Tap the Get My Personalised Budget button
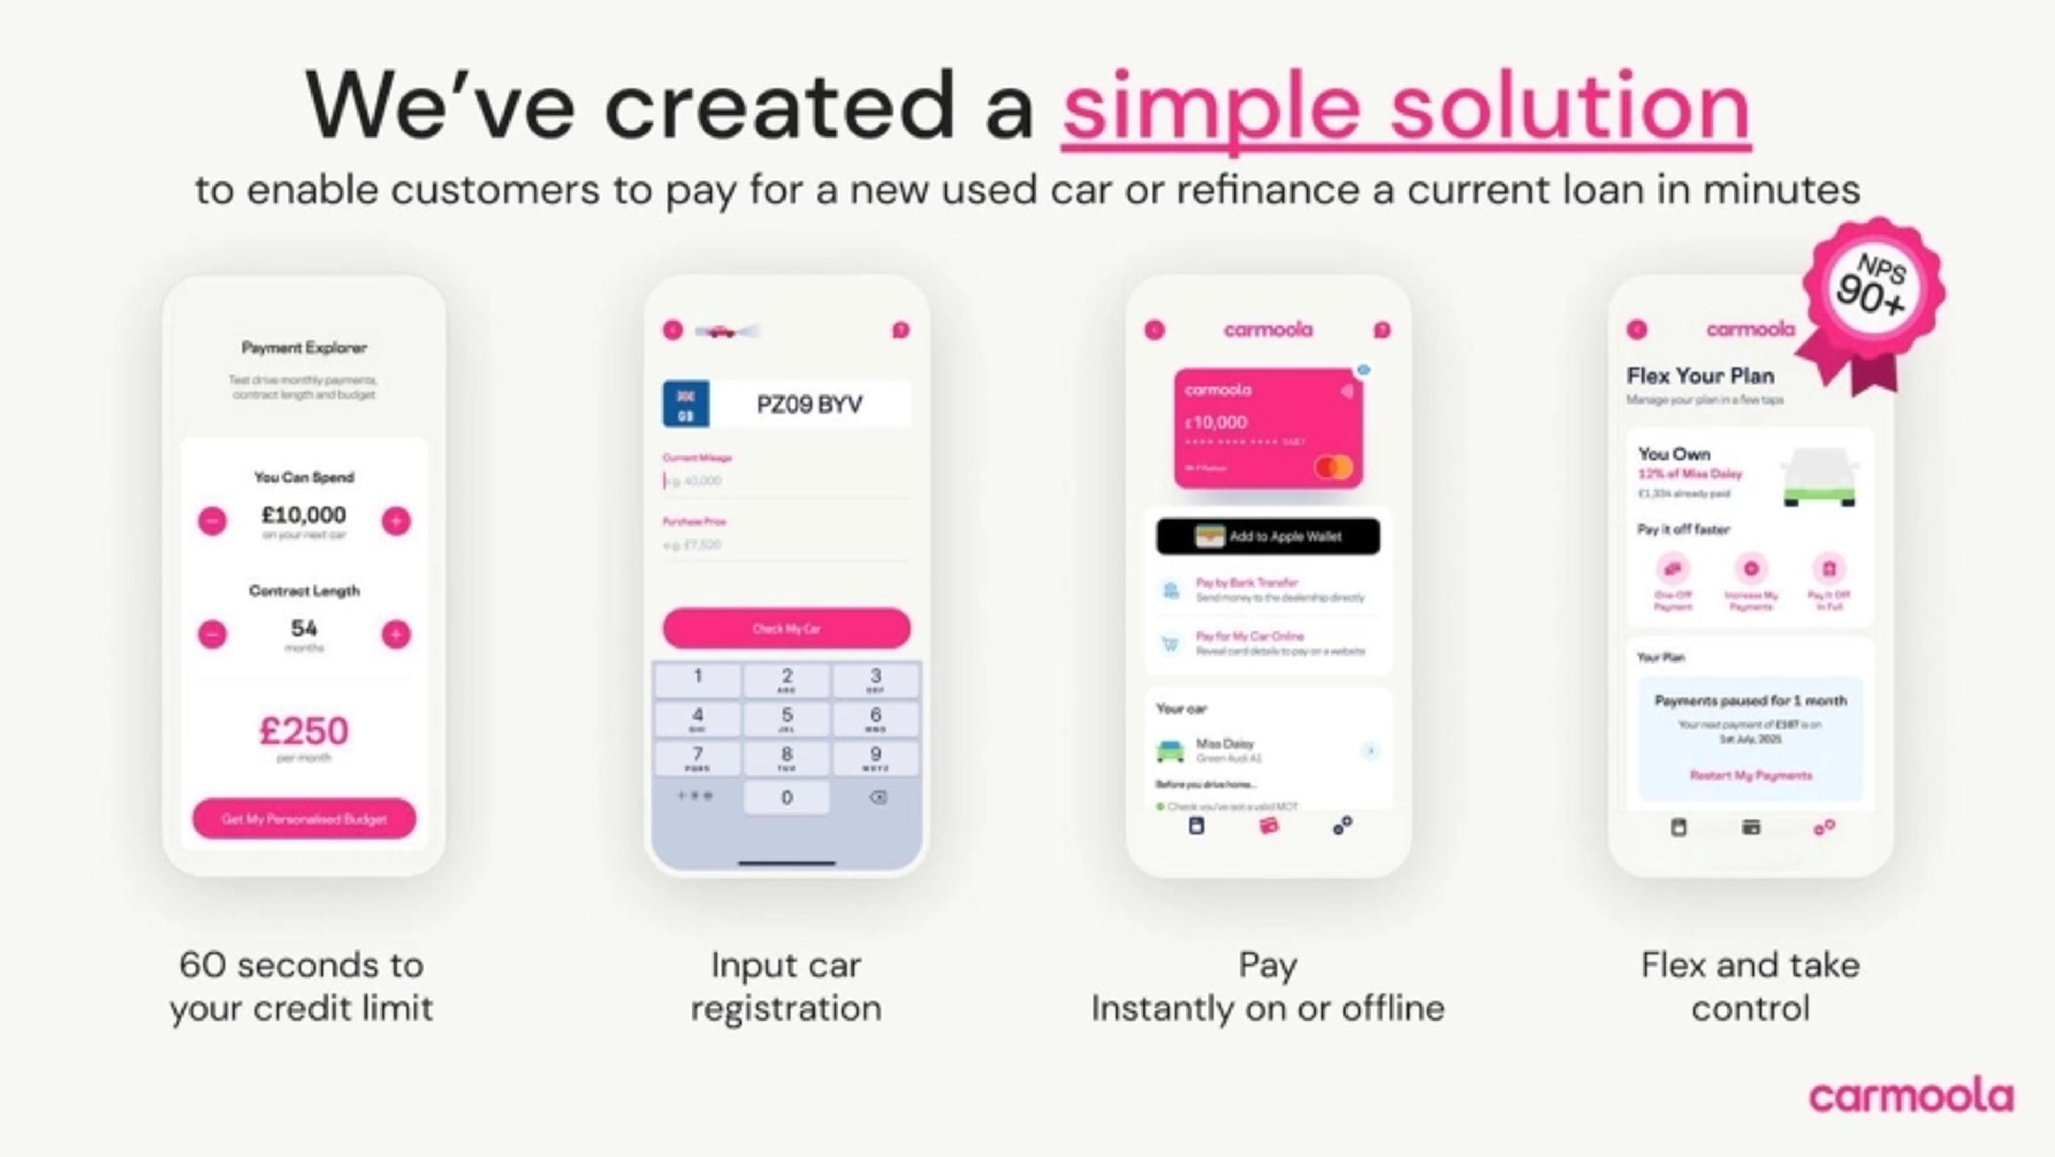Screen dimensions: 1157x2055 point(304,819)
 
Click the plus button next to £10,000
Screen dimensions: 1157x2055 point(395,521)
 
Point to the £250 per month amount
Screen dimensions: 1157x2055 point(304,731)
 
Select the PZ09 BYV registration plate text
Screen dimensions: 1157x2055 point(809,405)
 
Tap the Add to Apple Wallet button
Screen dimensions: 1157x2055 point(1268,536)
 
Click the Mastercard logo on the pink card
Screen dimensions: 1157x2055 point(1334,467)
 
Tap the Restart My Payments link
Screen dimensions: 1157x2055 point(1750,775)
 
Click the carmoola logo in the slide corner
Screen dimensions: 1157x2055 point(1911,1097)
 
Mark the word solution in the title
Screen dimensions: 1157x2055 point(1570,108)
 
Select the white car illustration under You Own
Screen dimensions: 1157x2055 point(1820,477)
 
